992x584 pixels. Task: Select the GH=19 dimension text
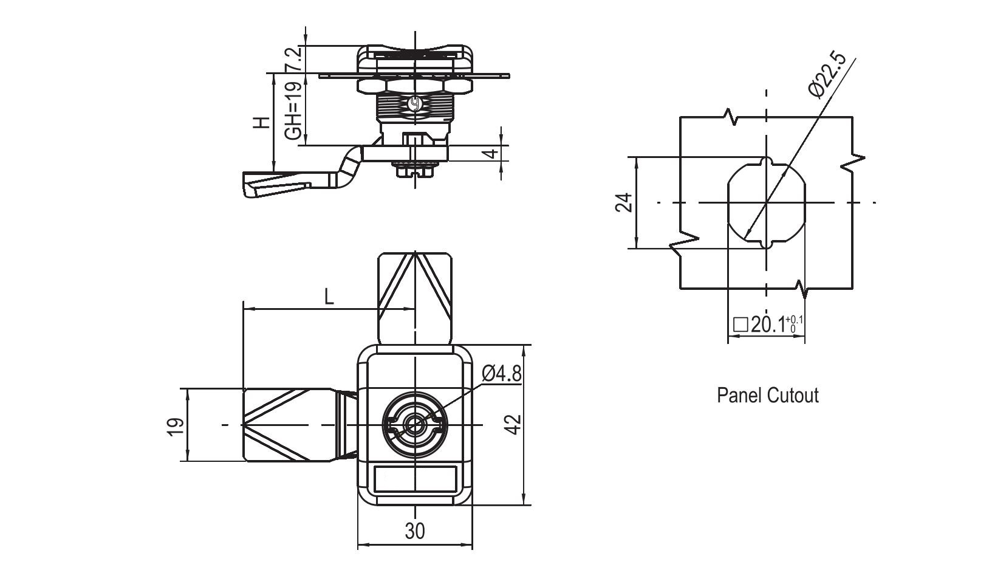(x=293, y=111)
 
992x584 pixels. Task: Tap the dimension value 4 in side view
(x=490, y=154)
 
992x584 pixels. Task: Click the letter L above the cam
(x=329, y=297)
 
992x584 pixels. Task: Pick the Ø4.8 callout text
(x=501, y=373)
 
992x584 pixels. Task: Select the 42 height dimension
(x=514, y=424)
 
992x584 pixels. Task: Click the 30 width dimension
(x=415, y=531)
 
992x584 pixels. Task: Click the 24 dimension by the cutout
(x=624, y=202)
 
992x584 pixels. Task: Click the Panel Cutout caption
(x=768, y=396)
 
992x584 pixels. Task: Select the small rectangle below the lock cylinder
(x=416, y=479)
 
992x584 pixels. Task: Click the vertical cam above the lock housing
(x=416, y=298)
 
